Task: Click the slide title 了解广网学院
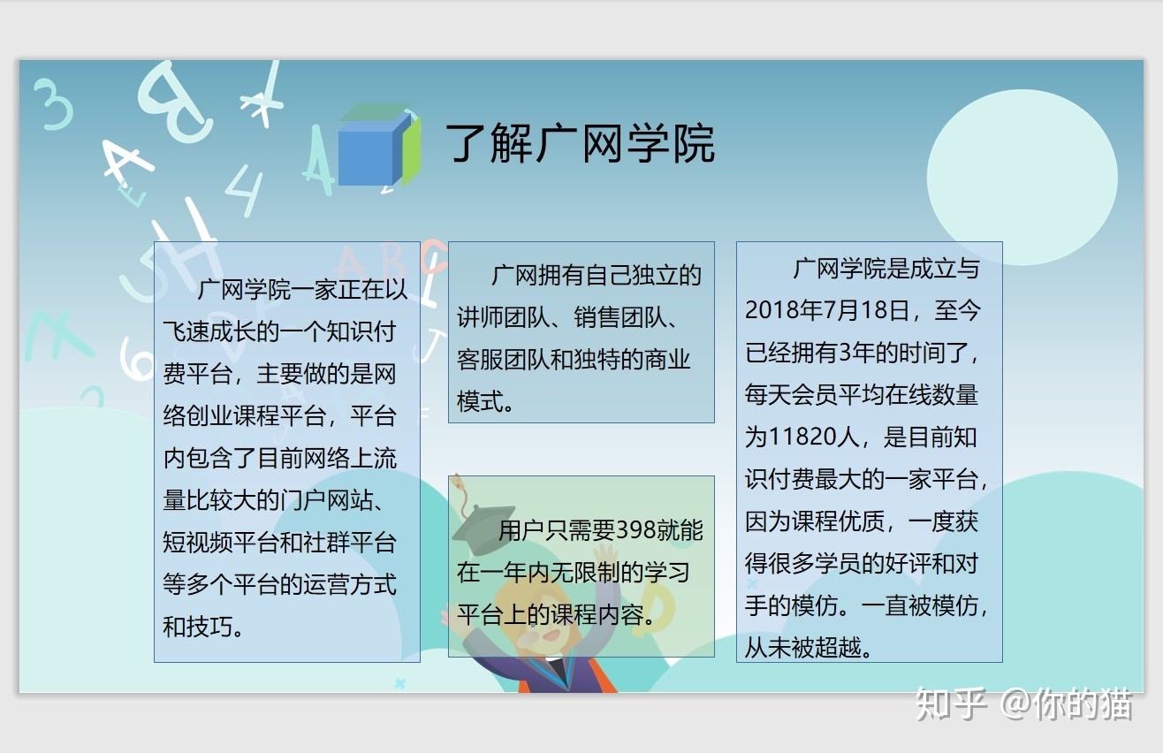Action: (x=580, y=143)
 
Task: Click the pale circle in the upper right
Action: (x=1021, y=177)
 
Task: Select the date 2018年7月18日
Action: (x=826, y=310)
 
